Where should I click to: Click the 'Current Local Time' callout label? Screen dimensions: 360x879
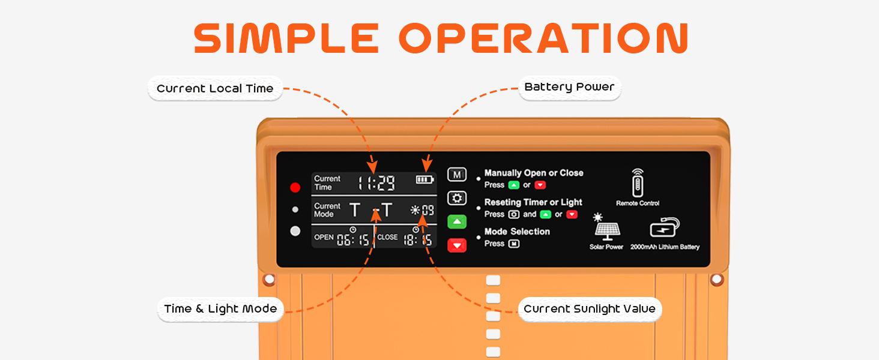(215, 89)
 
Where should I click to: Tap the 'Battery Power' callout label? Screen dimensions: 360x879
(569, 87)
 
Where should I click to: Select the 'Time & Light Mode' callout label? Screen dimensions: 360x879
(220, 309)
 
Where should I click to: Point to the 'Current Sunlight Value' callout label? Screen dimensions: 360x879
(590, 309)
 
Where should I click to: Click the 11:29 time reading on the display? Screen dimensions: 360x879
(377, 182)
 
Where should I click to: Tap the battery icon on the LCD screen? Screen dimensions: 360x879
(424, 179)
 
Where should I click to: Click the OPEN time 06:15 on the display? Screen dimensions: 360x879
(352, 241)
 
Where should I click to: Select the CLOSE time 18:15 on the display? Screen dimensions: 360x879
(418, 241)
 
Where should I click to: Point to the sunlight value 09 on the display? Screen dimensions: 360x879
(427, 210)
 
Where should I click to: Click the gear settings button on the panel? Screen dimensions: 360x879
(457, 198)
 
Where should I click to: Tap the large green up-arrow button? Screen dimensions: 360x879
(457, 221)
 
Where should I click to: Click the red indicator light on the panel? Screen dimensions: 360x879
(295, 187)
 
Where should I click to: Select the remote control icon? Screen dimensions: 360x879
(637, 183)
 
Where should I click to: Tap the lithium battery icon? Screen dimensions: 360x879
(665, 228)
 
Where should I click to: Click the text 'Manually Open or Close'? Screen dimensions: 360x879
(534, 173)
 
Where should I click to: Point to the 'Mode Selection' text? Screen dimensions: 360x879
(517, 232)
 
